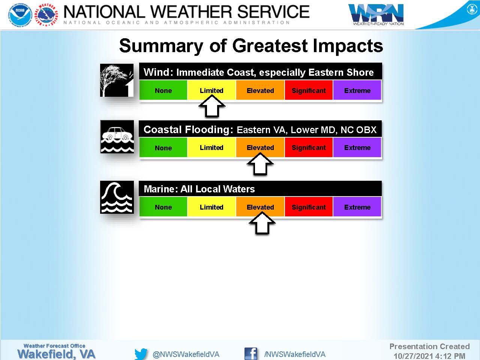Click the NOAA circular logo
click(20, 15)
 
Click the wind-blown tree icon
click(117, 80)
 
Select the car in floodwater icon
click(117, 136)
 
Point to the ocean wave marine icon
click(117, 197)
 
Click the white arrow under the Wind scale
click(211, 106)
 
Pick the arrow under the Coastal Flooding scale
click(260, 164)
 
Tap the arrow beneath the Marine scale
click(262, 223)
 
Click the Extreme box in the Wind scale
click(357, 90)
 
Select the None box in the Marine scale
click(163, 207)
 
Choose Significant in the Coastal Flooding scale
click(309, 147)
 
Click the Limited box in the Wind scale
click(211, 90)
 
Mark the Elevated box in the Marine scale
click(260, 207)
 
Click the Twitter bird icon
click(141, 354)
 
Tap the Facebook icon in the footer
click(251, 354)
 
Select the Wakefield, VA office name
click(56, 354)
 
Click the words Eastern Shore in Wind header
click(341, 72)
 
